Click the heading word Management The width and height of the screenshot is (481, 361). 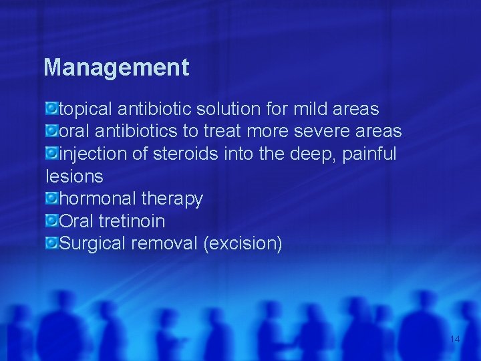click(x=116, y=68)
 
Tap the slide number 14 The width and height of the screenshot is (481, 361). click(x=455, y=339)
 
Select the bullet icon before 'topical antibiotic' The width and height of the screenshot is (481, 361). click(x=51, y=108)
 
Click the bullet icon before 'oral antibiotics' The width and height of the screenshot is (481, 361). click(x=51, y=130)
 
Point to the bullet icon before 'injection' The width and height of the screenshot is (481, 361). click(x=51, y=153)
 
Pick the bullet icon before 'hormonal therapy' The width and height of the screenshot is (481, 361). click(x=51, y=198)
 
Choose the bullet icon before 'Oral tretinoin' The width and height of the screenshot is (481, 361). click(x=51, y=220)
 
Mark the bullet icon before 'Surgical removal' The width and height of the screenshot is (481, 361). click(x=51, y=243)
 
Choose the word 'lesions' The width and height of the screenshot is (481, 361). click(x=73, y=177)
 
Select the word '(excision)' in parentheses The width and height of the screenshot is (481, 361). click(x=243, y=244)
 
